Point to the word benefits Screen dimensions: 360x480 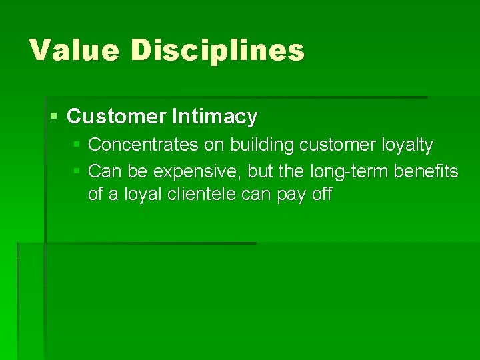tap(426, 172)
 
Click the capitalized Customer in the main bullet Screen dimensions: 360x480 tap(117, 117)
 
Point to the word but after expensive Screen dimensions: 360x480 tap(260, 172)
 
